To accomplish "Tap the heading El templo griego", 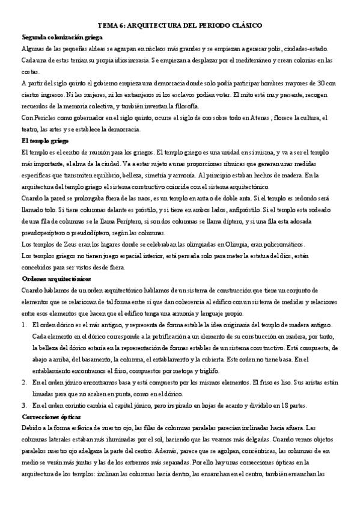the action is (x=43, y=140).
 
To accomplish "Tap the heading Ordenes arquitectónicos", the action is (x=56, y=278).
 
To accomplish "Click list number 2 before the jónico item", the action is (x=23, y=381).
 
